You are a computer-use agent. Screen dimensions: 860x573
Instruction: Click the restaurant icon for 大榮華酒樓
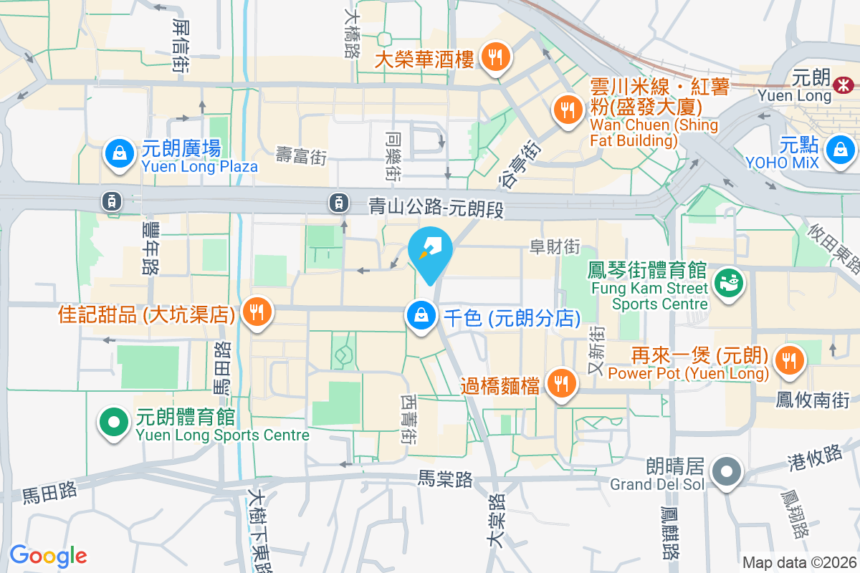pyautogui.click(x=495, y=57)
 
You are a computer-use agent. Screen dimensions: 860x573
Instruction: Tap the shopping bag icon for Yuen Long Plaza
pyautogui.click(x=116, y=153)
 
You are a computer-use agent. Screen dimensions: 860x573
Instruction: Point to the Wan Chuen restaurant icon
pyautogui.click(x=568, y=110)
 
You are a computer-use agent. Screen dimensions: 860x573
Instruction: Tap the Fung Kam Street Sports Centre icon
pyautogui.click(x=729, y=284)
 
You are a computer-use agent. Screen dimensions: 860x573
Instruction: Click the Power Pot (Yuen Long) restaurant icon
pyautogui.click(x=789, y=361)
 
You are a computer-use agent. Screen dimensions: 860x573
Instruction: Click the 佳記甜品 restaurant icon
pyautogui.click(x=256, y=312)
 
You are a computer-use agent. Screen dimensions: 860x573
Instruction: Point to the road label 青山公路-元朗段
pyautogui.click(x=437, y=208)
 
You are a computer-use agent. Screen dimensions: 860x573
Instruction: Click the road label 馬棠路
pyautogui.click(x=445, y=478)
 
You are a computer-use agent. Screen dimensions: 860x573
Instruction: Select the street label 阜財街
pyautogui.click(x=554, y=247)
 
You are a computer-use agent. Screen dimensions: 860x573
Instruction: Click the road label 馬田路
pyautogui.click(x=49, y=492)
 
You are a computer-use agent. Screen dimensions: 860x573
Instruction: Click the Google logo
pyautogui.click(x=48, y=556)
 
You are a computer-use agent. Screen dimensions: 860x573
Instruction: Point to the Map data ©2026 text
pyautogui.click(x=799, y=562)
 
